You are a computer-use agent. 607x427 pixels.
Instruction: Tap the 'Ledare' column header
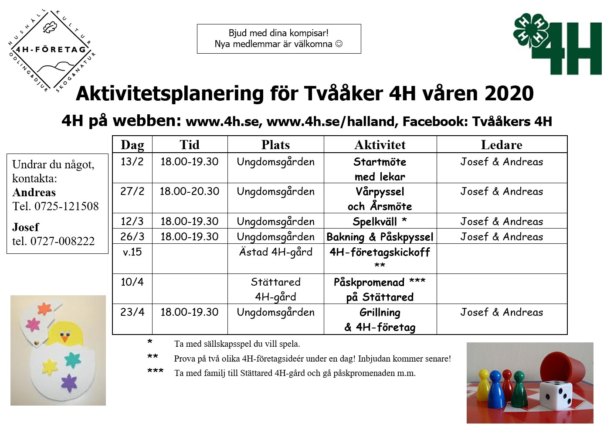point(501,145)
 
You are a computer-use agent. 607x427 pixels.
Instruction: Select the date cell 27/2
point(132,191)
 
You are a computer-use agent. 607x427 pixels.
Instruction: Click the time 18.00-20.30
point(190,191)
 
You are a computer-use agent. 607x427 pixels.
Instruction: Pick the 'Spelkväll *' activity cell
point(380,222)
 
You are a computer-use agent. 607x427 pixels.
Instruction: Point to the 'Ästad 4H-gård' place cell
point(275,252)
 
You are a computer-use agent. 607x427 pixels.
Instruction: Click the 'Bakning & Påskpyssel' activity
point(380,237)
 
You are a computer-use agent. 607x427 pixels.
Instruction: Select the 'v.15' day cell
point(132,252)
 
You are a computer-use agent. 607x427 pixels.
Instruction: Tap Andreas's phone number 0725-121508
point(67,206)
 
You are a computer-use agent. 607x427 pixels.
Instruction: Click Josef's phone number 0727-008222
point(63,241)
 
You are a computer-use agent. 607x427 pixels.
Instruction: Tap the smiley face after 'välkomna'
point(339,44)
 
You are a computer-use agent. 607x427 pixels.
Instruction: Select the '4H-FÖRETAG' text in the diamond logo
point(51,49)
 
